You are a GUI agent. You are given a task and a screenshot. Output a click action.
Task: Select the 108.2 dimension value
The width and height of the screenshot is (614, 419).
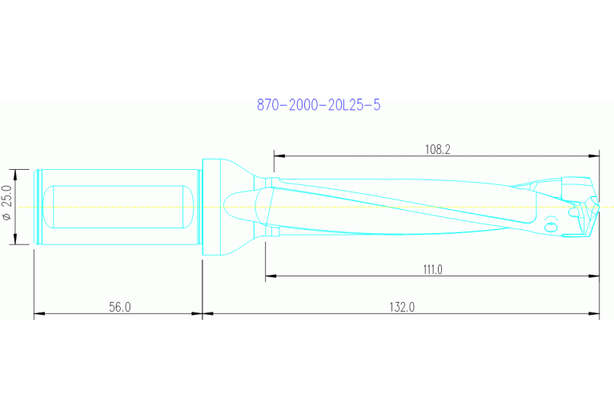click(x=437, y=149)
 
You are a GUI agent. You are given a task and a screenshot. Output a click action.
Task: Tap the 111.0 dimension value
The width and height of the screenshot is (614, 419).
click(x=432, y=270)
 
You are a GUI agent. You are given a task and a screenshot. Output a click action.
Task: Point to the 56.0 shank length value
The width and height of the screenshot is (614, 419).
click(x=118, y=307)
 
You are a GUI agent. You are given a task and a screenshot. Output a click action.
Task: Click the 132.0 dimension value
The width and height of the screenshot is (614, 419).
click(x=401, y=307)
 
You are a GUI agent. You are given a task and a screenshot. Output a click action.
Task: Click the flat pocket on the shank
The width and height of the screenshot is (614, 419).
click(x=118, y=207)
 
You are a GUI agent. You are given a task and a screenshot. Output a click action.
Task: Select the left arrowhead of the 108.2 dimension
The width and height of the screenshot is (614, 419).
click(x=279, y=155)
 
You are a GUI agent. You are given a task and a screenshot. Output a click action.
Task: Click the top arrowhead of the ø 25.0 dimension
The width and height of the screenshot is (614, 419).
click(x=16, y=172)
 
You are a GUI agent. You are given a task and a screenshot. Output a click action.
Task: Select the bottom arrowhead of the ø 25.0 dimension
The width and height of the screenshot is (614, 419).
click(x=16, y=242)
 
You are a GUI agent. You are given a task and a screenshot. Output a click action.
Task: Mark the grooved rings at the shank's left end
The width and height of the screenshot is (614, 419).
click(x=38, y=207)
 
